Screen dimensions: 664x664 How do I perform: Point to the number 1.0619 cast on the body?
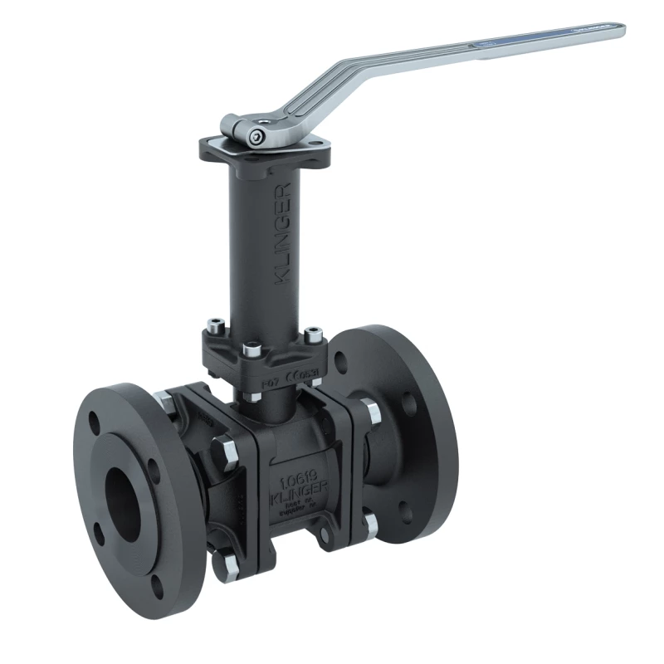pos(302,481)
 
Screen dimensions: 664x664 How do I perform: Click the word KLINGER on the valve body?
pos(303,495)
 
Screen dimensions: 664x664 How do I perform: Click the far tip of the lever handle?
pos(618,32)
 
